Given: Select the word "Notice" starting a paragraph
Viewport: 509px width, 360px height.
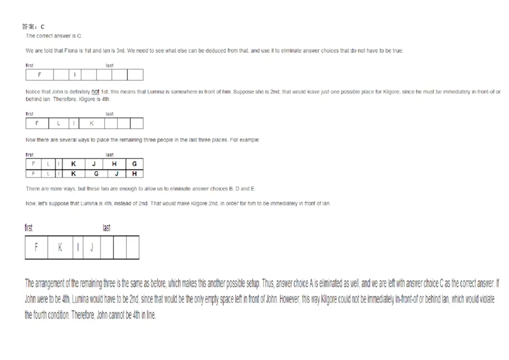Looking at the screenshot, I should [33, 91].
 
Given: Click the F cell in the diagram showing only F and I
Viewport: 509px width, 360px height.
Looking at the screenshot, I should [39, 75].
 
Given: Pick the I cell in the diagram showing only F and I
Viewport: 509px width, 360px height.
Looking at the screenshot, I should [75, 75].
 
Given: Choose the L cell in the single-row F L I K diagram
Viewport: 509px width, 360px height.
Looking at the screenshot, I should [57, 123].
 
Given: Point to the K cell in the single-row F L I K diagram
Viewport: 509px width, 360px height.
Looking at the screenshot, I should [92, 123].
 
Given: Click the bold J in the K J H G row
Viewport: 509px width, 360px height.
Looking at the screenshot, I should [94, 163].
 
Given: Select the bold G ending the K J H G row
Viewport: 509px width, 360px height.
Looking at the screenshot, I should [134, 163].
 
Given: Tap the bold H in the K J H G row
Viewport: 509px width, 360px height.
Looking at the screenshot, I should [114, 163].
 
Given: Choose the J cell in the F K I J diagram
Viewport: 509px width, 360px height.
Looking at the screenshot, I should [91, 247].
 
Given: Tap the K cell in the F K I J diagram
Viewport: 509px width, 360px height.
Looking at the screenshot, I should [60, 247].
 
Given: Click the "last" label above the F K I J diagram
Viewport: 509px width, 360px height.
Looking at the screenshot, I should [107, 227].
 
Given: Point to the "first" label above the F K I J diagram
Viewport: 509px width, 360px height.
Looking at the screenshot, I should [29, 227].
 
